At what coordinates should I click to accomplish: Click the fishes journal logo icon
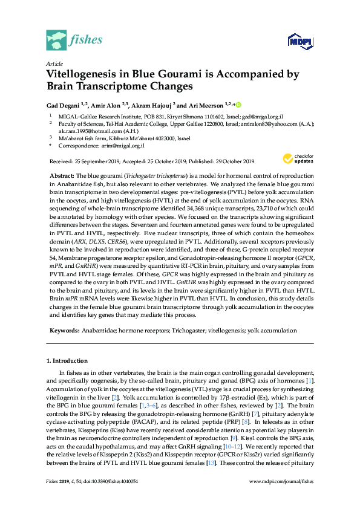coord(56,40)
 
